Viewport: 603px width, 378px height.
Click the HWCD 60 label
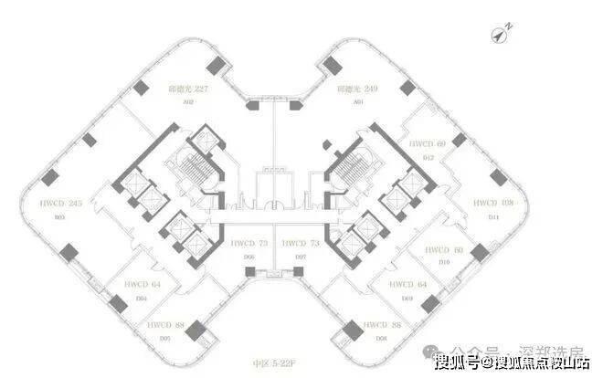pos(446,249)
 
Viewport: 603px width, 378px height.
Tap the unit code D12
pos(428,157)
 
